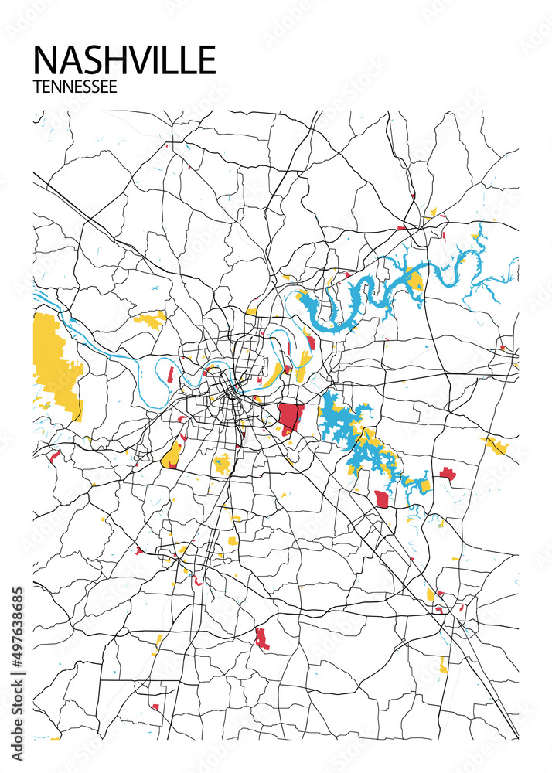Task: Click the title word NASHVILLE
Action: pyautogui.click(x=124, y=60)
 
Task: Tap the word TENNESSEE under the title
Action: pyautogui.click(x=75, y=87)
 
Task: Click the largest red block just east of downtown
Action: pyautogui.click(x=290, y=418)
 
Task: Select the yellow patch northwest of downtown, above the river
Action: pyautogui.click(x=150, y=318)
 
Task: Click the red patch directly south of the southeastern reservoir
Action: pyautogui.click(x=381, y=499)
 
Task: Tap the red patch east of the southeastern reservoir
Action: pyautogui.click(x=448, y=473)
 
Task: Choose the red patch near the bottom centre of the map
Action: pyautogui.click(x=261, y=638)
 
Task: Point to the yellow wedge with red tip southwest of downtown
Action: pyautogui.click(x=172, y=455)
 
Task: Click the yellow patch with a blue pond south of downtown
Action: pyautogui.click(x=222, y=463)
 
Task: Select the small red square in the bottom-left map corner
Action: pyautogui.click(x=155, y=707)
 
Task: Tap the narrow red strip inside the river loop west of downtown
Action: pyautogui.click(x=170, y=375)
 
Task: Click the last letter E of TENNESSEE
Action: pyautogui.click(x=113, y=87)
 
